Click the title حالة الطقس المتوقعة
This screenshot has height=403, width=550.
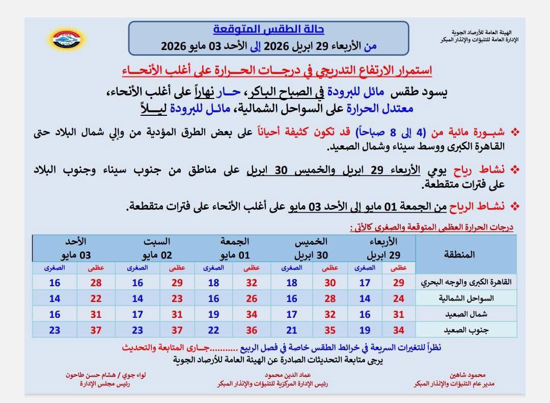[268, 30]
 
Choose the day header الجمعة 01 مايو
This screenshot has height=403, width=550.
[235, 248]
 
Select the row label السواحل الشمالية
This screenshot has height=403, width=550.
[464, 298]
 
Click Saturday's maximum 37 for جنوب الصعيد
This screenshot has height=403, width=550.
[177, 330]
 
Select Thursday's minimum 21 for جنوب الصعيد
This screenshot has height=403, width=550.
[291, 330]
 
